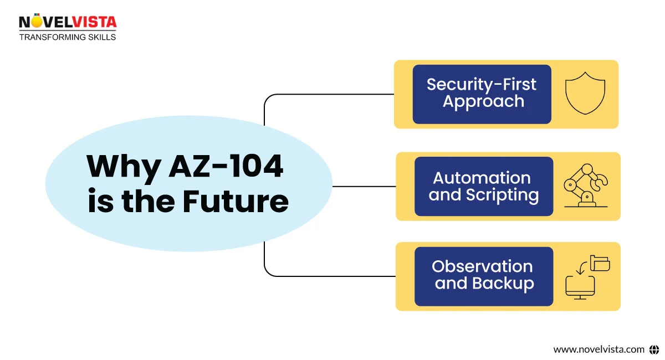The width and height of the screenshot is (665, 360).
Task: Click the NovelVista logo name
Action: click(x=68, y=22)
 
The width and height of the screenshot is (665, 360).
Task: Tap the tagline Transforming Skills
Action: click(x=68, y=37)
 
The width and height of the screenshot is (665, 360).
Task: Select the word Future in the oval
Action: click(x=236, y=202)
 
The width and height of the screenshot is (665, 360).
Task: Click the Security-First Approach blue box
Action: click(x=482, y=94)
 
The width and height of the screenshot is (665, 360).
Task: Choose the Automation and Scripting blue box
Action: click(x=483, y=186)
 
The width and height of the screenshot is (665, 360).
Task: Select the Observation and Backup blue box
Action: click(x=483, y=276)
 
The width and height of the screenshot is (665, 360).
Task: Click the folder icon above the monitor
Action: click(x=600, y=263)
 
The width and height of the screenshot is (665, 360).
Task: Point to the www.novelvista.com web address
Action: click(x=598, y=349)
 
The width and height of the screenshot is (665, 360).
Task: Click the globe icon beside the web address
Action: click(x=654, y=349)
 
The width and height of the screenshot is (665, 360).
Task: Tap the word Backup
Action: click(x=503, y=284)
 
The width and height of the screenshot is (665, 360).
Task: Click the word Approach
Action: click(x=483, y=102)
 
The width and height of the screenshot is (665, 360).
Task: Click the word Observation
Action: click(x=482, y=266)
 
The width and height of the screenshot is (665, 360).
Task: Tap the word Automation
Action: click(x=482, y=178)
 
